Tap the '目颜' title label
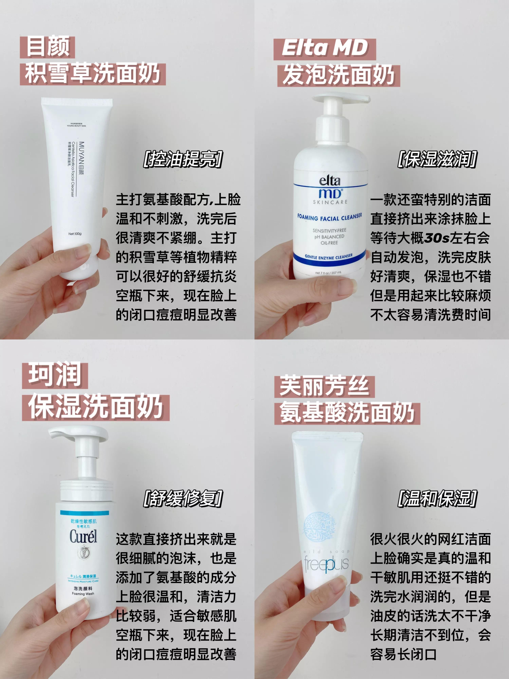[48, 47]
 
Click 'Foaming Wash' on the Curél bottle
[83, 594]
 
